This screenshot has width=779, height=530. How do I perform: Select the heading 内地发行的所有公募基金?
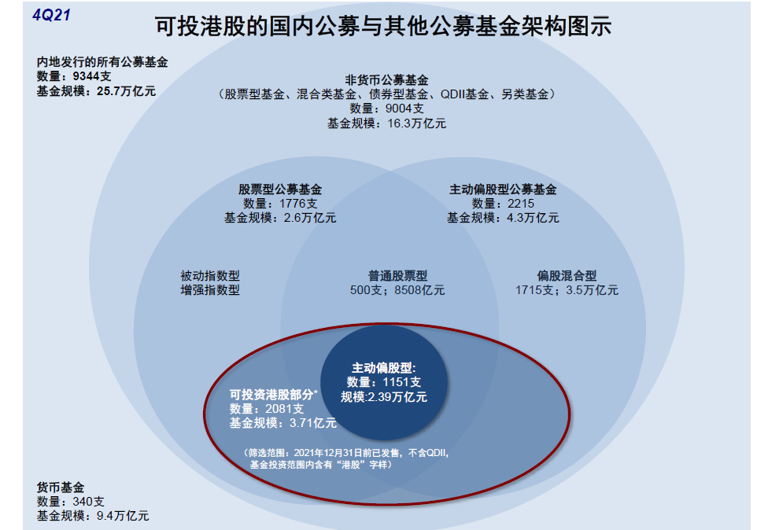tap(102, 61)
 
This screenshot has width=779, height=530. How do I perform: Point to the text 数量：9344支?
tap(74, 76)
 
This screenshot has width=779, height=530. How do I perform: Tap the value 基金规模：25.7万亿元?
tap(96, 91)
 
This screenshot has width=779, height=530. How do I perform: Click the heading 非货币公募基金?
tap(386, 79)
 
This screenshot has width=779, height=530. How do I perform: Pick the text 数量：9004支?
tap(386, 109)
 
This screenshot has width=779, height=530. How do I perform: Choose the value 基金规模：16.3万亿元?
tap(386, 123)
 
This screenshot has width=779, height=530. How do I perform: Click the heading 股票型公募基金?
tap(280, 190)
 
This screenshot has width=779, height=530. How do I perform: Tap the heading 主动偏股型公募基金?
tap(503, 190)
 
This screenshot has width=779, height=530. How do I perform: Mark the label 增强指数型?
tap(210, 290)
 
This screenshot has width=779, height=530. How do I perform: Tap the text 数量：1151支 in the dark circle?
tap(384, 382)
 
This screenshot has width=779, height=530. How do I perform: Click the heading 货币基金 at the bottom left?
tap(60, 487)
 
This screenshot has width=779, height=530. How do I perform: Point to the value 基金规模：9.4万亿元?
tap(93, 516)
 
